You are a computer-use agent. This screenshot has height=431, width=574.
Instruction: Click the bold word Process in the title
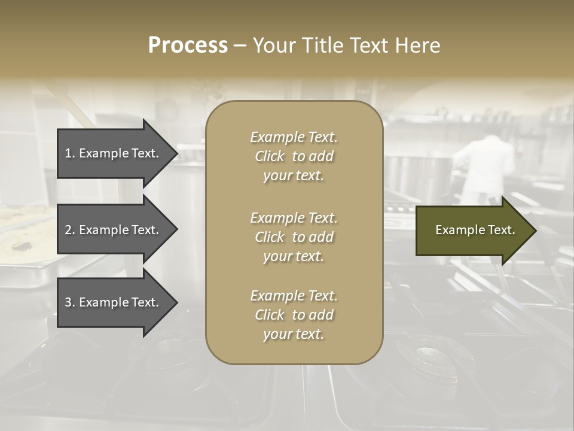point(188,45)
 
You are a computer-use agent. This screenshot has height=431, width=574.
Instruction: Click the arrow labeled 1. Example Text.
point(112,153)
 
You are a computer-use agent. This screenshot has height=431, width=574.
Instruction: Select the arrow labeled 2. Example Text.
point(112,230)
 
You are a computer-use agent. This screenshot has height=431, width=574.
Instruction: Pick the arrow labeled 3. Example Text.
point(112,303)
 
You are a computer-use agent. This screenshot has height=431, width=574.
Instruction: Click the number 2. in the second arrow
point(70,230)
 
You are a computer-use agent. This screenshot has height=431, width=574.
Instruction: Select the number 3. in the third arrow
point(70,303)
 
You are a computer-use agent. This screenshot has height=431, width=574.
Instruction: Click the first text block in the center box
point(294,156)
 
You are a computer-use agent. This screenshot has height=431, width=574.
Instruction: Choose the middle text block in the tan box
point(294,237)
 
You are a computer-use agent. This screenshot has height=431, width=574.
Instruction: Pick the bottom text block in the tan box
point(294,315)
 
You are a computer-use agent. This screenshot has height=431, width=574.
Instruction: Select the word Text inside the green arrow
point(500,230)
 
